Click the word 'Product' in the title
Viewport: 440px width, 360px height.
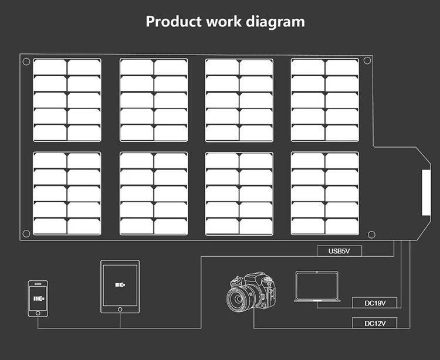(x=174, y=22)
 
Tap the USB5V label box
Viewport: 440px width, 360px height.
(x=340, y=252)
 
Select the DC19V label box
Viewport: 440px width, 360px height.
(x=374, y=303)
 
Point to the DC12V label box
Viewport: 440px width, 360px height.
(x=374, y=323)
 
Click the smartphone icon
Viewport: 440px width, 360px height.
(x=38, y=298)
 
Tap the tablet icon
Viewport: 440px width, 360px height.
(x=120, y=287)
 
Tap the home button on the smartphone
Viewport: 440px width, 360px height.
(x=38, y=313)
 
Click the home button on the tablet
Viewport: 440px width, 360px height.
(x=120, y=309)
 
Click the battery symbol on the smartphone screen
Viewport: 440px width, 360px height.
(x=39, y=297)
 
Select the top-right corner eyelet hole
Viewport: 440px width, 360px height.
(x=367, y=60)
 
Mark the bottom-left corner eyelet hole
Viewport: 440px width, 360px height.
(x=26, y=233)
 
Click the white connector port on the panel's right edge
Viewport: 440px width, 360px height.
(x=425, y=192)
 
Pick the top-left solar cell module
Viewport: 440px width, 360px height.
(x=67, y=100)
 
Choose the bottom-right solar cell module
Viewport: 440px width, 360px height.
(x=325, y=193)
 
